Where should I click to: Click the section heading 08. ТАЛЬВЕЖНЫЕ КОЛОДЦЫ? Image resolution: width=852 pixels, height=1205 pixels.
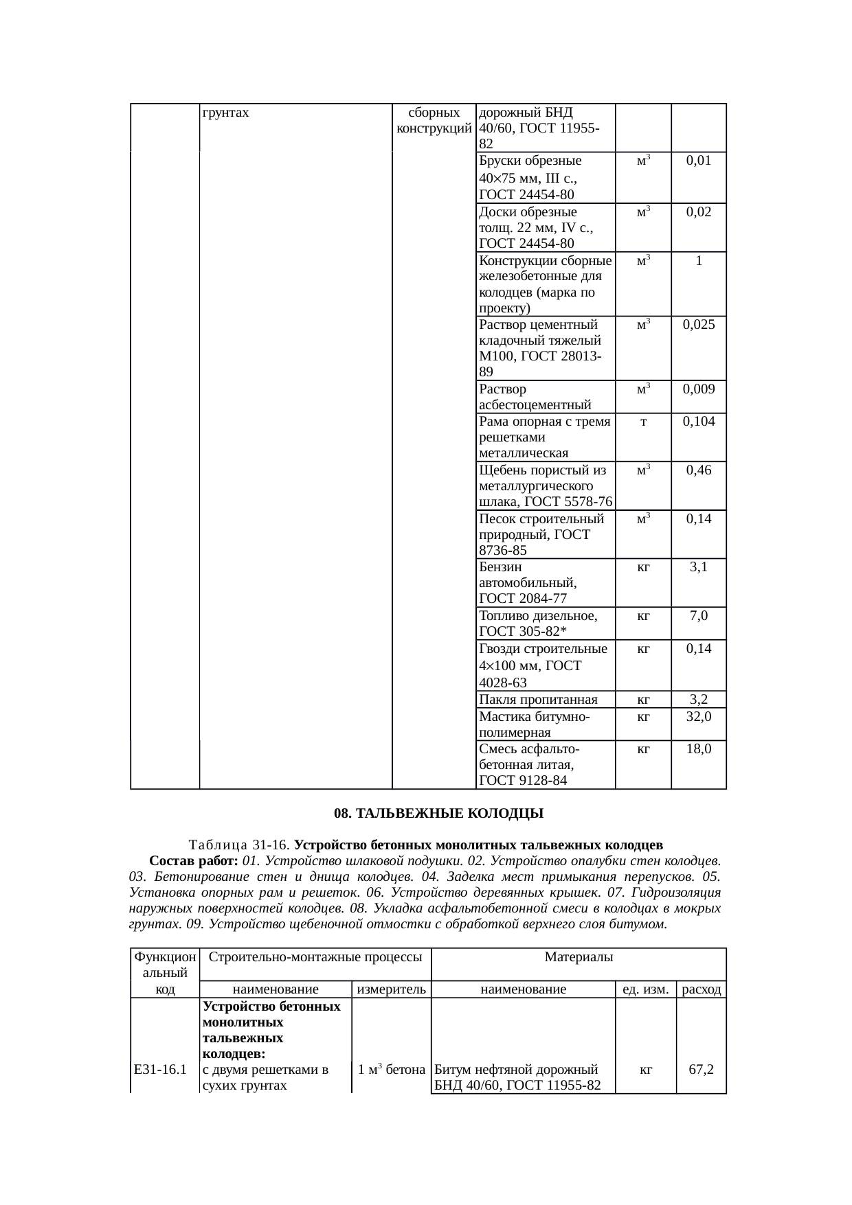pyautogui.click(x=438, y=814)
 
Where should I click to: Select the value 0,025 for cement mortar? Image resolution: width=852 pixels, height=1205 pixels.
pyautogui.click(x=698, y=325)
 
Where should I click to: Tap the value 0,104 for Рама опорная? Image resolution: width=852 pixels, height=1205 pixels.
pyautogui.click(x=698, y=422)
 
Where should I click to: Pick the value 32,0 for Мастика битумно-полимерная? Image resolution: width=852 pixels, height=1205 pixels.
pyautogui.click(x=698, y=716)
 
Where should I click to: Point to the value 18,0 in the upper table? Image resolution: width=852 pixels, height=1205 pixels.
pyautogui.click(x=698, y=748)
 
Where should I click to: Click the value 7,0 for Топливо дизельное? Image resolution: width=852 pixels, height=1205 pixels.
pyautogui.click(x=698, y=615)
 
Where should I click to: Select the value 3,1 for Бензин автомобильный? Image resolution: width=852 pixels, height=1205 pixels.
pyautogui.click(x=698, y=567)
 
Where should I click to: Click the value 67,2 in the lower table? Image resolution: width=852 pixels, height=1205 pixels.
pyautogui.click(x=701, y=1069)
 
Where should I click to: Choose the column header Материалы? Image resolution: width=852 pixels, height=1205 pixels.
pyautogui.click(x=579, y=956)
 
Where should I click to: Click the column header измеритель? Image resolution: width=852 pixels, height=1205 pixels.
pyautogui.click(x=391, y=989)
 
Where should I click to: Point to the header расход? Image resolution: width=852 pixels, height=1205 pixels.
pyautogui.click(x=701, y=989)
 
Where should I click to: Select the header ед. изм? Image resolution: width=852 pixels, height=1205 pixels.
pyautogui.click(x=645, y=989)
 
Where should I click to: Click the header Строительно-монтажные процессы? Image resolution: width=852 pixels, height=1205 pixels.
pyautogui.click(x=315, y=956)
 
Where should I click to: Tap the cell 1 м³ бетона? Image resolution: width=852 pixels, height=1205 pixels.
pyautogui.click(x=391, y=1069)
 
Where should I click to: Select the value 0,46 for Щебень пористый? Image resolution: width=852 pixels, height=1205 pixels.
pyautogui.click(x=698, y=470)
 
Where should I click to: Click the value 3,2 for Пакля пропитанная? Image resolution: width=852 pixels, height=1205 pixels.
pyautogui.click(x=698, y=700)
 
